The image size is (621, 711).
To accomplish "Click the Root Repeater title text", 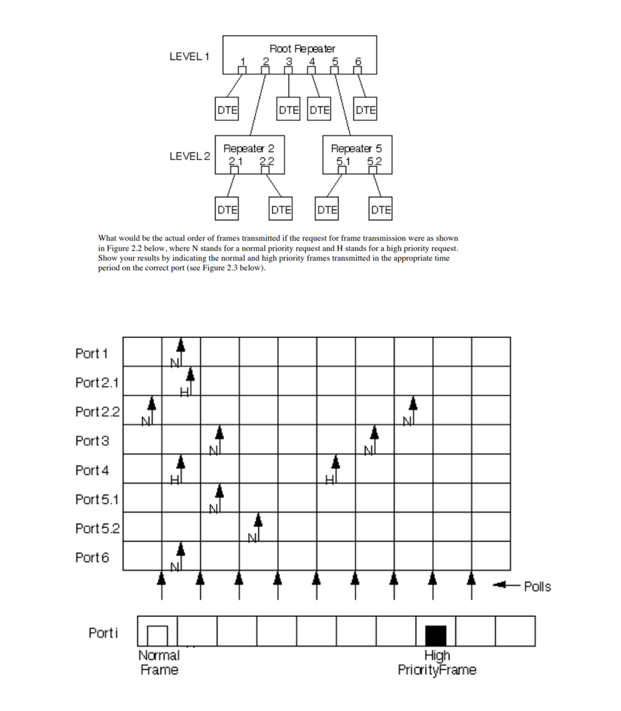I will point(302,49).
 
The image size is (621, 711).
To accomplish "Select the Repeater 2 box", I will point(248,154).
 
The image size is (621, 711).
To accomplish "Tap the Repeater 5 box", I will point(356,154).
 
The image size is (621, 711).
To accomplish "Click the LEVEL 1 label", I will point(189,56).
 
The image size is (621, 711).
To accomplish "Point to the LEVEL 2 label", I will point(189,156).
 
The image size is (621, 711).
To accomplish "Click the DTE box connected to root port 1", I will point(227,110).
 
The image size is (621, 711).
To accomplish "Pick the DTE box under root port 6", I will point(366,110).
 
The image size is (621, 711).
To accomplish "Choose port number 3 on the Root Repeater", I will point(289,62).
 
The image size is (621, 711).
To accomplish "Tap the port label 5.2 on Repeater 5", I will point(374,161).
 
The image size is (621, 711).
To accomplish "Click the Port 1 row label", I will point(91,353).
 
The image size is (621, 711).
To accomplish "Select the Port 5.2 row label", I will point(97,528).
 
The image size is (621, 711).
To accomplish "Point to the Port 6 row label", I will point(91,558).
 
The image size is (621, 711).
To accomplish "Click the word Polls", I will point(537,587).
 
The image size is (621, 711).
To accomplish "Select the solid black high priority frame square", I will point(436,636).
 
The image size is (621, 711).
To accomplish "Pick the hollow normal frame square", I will point(157,636).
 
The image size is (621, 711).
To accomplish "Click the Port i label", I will point(103,632).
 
